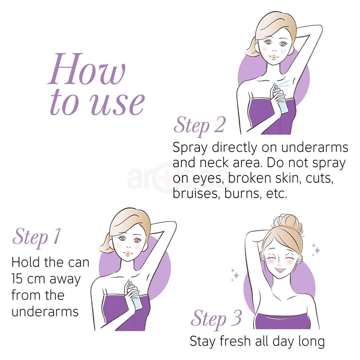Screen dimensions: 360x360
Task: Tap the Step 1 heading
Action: coord(36,237)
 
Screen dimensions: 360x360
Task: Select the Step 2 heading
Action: coord(199,126)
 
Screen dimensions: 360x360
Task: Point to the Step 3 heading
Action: coord(216,318)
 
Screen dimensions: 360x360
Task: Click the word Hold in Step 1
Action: coord(26,262)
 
